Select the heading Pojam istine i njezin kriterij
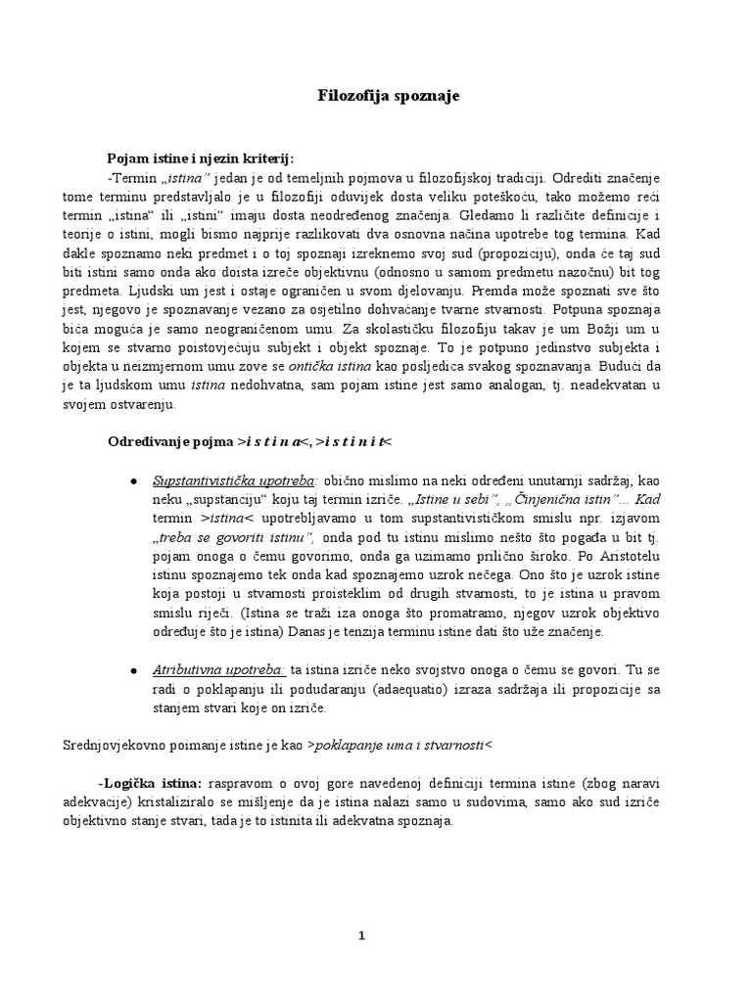coord(199,159)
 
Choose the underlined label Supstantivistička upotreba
coord(233,480)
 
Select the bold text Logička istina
coord(151,784)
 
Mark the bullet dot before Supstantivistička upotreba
coord(133,481)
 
